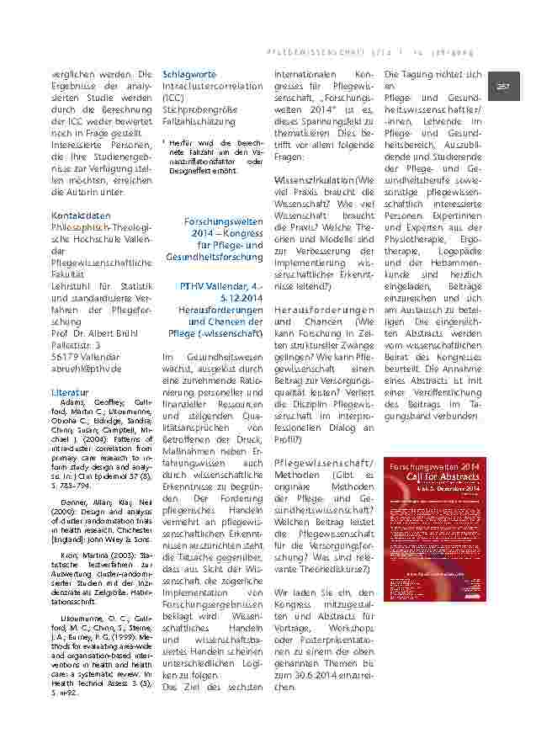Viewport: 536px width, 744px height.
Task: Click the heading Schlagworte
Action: click(x=188, y=74)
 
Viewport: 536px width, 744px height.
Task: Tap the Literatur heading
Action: click(x=70, y=392)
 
